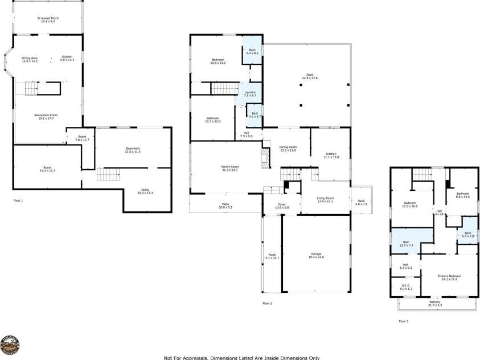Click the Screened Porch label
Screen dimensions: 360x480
(48, 19)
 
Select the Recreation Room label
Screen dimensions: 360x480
(48, 116)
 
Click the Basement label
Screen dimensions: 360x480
(133, 150)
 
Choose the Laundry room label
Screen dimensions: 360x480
(250, 93)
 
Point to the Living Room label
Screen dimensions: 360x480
(325, 199)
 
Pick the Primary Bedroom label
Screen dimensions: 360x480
(449, 277)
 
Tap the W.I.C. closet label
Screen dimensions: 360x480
(406, 287)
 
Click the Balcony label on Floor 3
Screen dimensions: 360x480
(436, 303)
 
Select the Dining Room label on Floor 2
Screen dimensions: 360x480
(288, 148)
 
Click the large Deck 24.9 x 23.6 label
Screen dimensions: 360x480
(310, 76)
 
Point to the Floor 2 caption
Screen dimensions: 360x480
(268, 304)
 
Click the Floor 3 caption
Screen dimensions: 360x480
(403, 321)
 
